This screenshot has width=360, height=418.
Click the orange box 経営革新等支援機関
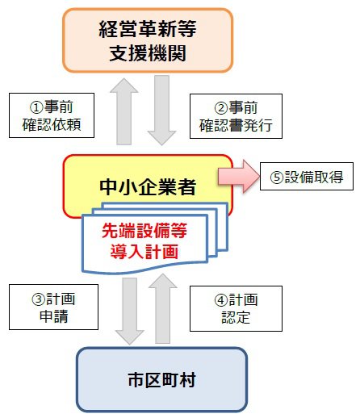(148, 40)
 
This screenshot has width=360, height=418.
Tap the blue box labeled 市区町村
(161, 379)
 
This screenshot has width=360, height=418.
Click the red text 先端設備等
(144, 231)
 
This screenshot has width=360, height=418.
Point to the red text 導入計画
(144, 252)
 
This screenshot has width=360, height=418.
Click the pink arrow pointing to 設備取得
(239, 176)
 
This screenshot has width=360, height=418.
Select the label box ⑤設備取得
(307, 177)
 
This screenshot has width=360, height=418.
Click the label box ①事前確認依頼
(52, 115)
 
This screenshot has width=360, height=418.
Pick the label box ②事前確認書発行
(236, 116)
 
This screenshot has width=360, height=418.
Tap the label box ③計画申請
(53, 307)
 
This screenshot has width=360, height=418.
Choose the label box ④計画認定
(236, 308)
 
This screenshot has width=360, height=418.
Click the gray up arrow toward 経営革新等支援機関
(124, 111)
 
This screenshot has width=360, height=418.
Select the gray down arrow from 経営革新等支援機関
(161, 111)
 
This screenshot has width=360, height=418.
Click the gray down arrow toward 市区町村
(130, 311)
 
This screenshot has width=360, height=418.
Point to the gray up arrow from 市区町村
(163, 308)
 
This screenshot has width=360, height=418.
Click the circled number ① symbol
(36, 107)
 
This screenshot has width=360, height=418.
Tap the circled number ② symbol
(221, 108)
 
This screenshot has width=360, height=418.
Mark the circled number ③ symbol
(39, 299)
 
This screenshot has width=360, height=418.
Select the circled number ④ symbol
(221, 300)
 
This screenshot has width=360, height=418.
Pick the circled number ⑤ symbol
(277, 178)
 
